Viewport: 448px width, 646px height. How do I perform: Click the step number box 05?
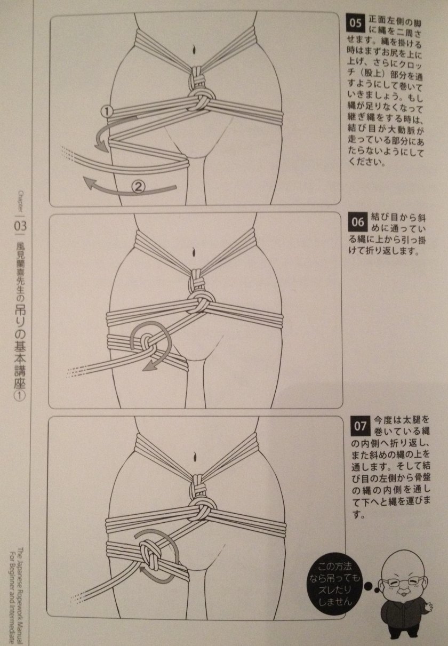point(356,23)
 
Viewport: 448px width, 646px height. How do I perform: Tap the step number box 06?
point(357,222)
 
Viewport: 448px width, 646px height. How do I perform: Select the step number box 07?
point(359,426)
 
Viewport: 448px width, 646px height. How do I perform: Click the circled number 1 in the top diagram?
point(107,111)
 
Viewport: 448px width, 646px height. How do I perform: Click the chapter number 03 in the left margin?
point(20,226)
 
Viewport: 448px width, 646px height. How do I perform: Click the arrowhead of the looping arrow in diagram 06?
point(149,366)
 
